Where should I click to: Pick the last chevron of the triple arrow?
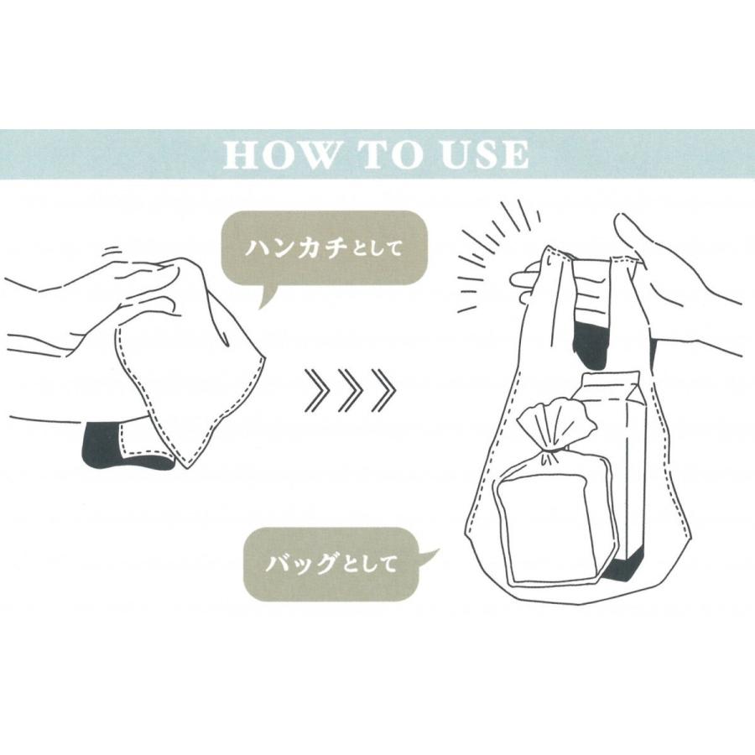point(383,390)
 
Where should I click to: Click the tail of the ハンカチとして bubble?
point(267,297)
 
